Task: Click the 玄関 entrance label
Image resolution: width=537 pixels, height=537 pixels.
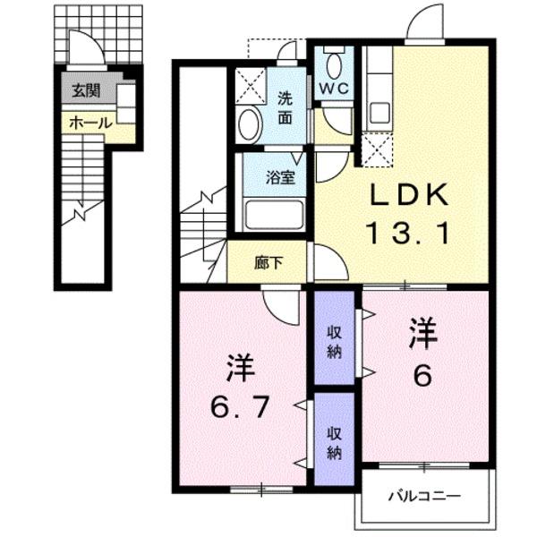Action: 87,90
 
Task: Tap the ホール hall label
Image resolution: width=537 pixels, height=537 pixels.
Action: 87,123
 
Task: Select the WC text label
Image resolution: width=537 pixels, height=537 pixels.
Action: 335,89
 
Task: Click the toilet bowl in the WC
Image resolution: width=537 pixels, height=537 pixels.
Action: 335,64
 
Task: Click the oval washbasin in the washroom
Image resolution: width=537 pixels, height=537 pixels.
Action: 250,124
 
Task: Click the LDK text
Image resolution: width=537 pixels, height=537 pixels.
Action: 408,195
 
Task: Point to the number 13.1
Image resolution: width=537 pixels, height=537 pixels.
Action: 408,235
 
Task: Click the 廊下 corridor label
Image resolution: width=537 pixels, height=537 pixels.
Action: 265,264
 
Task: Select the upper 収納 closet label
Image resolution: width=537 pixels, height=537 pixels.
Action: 334,340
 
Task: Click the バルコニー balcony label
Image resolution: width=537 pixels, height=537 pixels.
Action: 423,495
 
